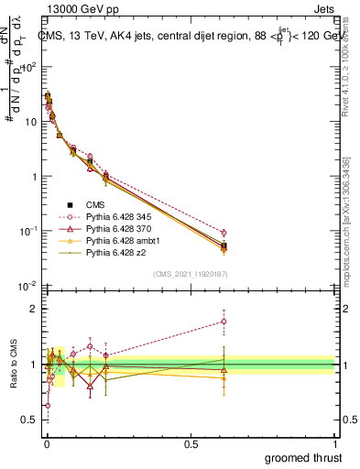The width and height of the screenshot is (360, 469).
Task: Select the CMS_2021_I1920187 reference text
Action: click(x=190, y=273)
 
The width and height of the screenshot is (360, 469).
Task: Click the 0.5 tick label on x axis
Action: click(x=191, y=444)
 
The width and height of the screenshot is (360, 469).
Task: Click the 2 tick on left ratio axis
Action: click(x=33, y=309)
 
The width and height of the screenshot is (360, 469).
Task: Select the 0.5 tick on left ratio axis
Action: click(x=29, y=420)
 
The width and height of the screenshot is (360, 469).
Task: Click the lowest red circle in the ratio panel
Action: click(x=48, y=405)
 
